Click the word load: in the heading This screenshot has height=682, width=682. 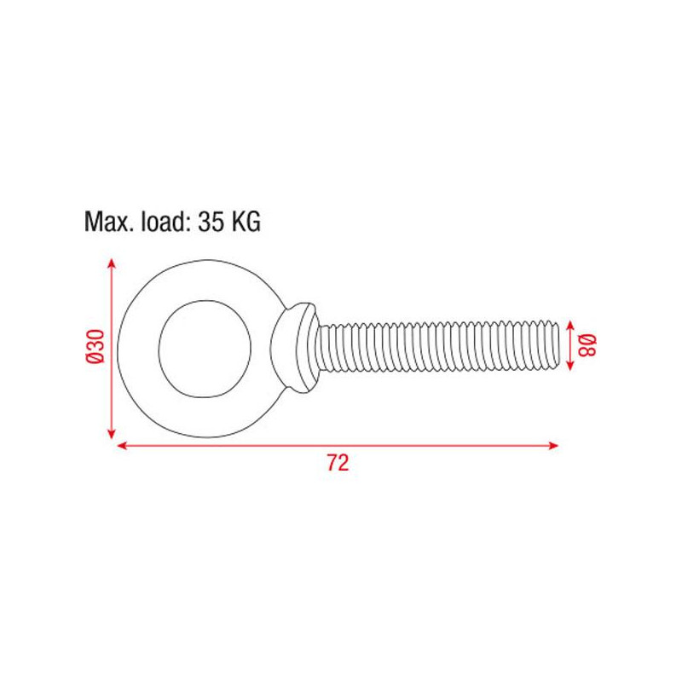tap(164, 221)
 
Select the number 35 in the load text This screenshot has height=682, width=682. tap(211, 221)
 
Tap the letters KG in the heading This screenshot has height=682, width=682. tap(246, 221)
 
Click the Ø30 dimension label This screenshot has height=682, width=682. tap(95, 346)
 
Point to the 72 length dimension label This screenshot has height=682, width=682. tap(338, 463)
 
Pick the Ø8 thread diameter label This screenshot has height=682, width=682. tap(587, 345)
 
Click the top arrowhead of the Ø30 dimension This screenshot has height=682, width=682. tap(112, 263)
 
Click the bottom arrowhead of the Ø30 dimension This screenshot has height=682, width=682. tap(112, 434)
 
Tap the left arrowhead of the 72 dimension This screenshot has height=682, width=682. tap(122, 445)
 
